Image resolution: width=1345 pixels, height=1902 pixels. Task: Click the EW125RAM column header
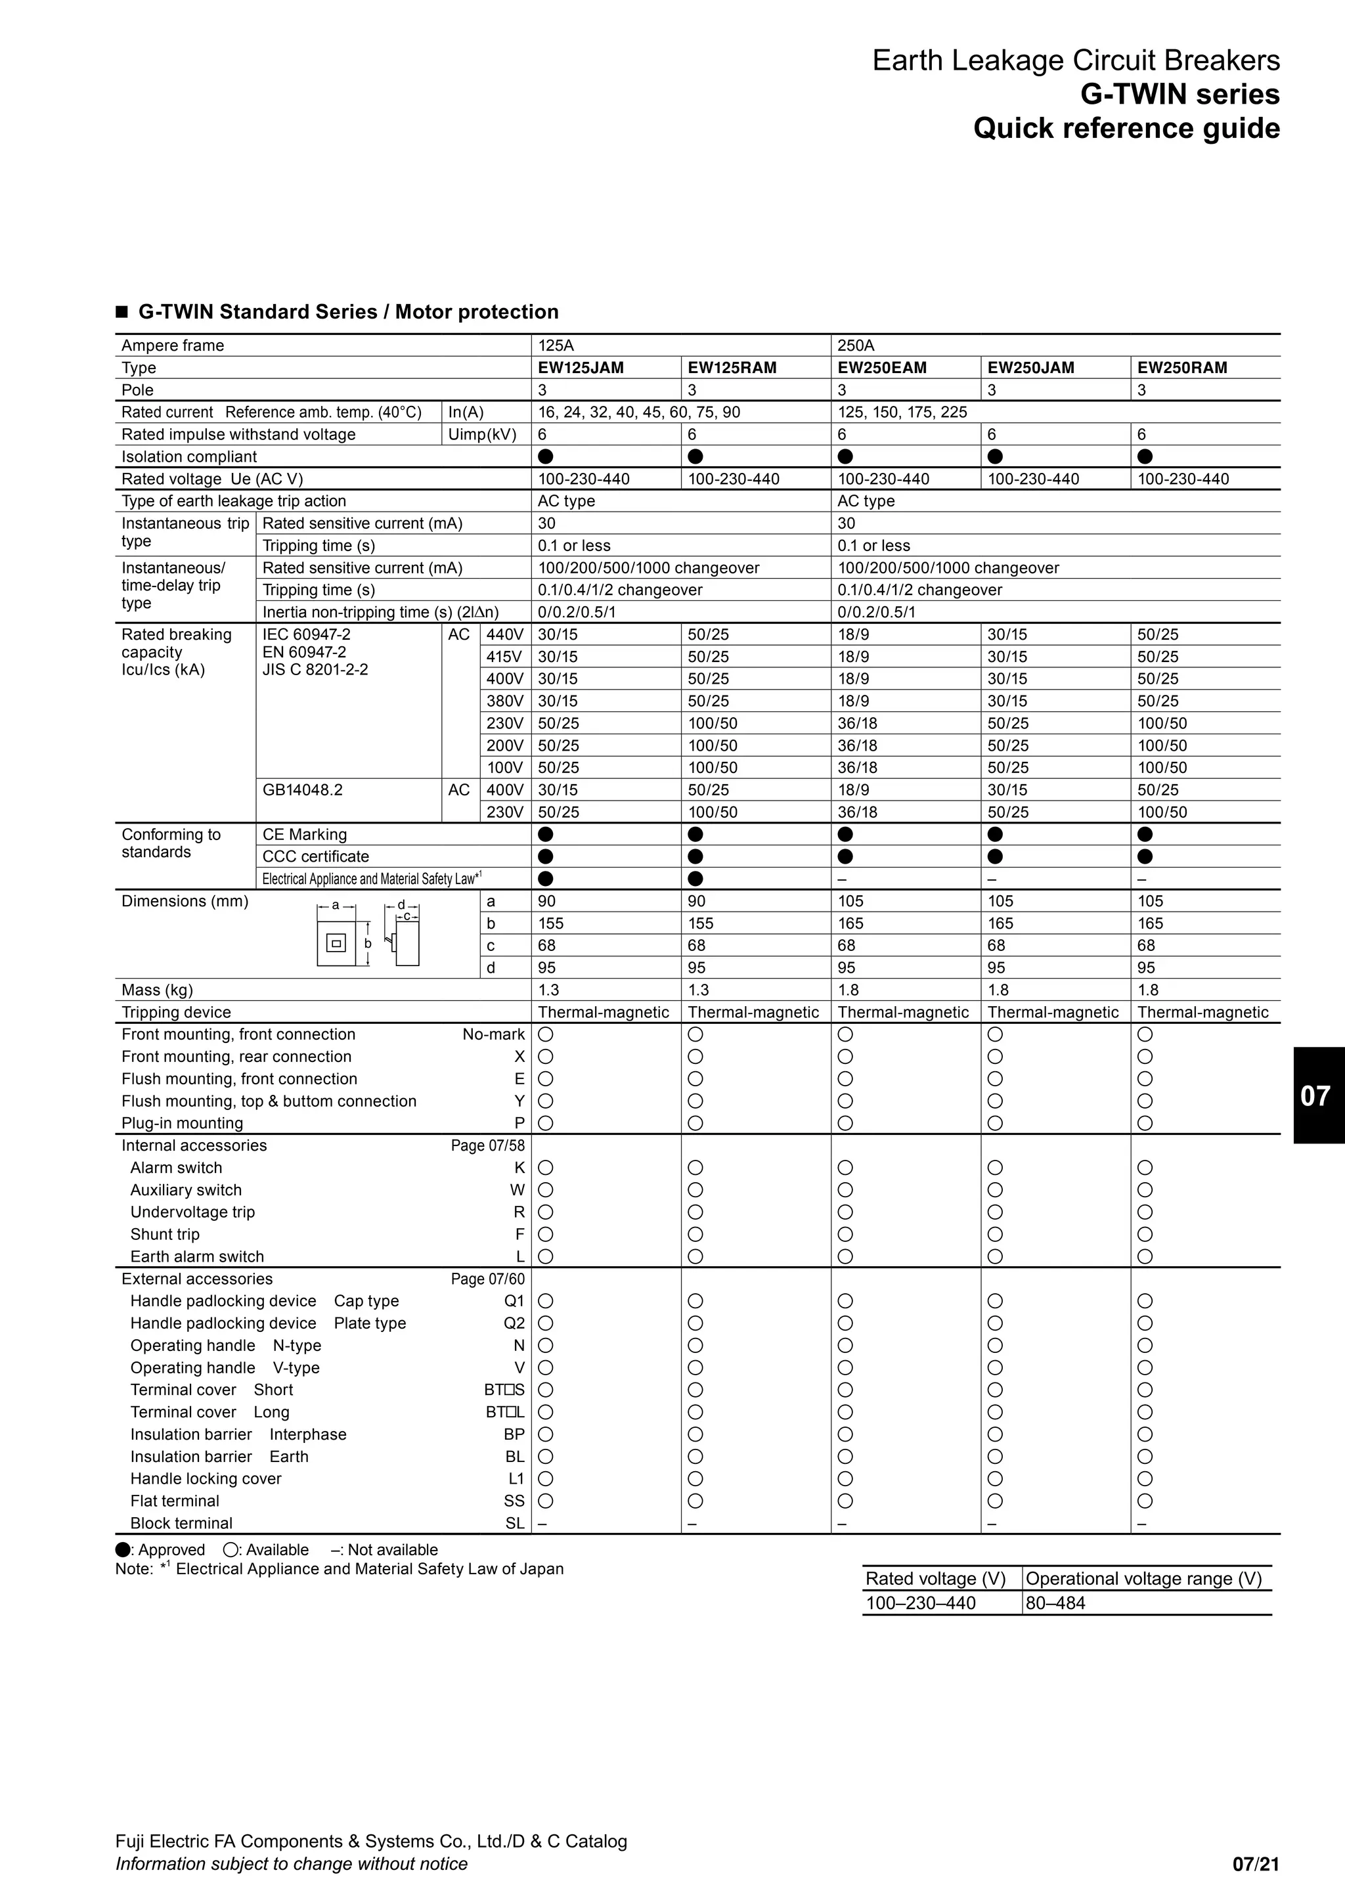coord(732,368)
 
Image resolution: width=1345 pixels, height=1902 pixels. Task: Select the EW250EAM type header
coord(882,368)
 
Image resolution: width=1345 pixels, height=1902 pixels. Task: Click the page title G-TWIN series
coord(1180,95)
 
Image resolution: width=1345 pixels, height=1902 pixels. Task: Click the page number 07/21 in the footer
coord(1256,1864)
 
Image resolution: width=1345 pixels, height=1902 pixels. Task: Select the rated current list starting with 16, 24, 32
coord(638,412)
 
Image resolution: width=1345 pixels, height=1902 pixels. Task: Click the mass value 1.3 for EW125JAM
coord(548,990)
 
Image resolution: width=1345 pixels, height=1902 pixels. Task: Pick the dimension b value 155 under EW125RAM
coord(701,923)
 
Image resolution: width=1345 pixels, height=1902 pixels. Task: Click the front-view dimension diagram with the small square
coord(336,944)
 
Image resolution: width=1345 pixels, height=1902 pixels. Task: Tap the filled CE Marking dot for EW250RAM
coord(1145,834)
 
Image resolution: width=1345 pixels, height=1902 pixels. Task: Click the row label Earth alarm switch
coord(197,1256)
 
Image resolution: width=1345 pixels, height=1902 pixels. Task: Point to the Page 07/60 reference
coord(487,1279)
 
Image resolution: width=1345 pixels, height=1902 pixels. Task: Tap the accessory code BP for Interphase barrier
coord(514,1434)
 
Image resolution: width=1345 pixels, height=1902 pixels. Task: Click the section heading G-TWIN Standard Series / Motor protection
coord(348,313)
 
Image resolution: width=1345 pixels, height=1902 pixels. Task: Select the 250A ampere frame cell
coord(856,345)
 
